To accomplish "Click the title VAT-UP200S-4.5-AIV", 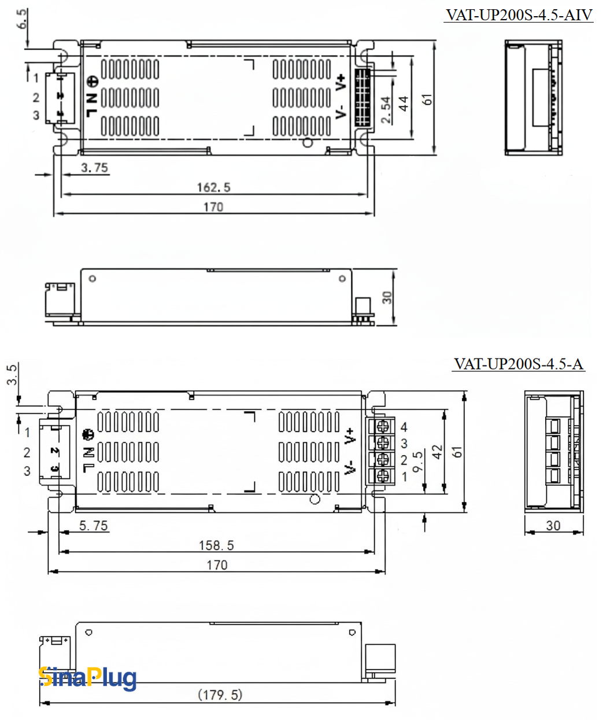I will coord(519,15).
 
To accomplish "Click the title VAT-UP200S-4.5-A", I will coord(519,364).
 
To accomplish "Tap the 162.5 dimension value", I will coord(213,187).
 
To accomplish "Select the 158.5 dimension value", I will coord(216,545).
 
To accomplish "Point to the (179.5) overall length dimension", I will coord(220,695).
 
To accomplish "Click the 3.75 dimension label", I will coord(94,168).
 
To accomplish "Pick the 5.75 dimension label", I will coord(93,526).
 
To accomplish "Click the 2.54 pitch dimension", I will coord(386,110).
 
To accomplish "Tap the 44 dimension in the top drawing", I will coord(404,104).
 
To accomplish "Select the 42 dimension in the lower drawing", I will coord(437,452).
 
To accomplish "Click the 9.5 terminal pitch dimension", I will coord(418,461).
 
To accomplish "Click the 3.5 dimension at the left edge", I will coord(12,374).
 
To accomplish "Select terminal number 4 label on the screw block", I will coord(404,427).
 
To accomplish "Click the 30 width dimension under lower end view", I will coord(553,526).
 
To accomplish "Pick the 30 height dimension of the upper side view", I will coord(387,297).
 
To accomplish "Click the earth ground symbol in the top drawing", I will coord(93,82).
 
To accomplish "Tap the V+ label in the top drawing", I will coord(341,82).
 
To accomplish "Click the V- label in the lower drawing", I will coord(349,468).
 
